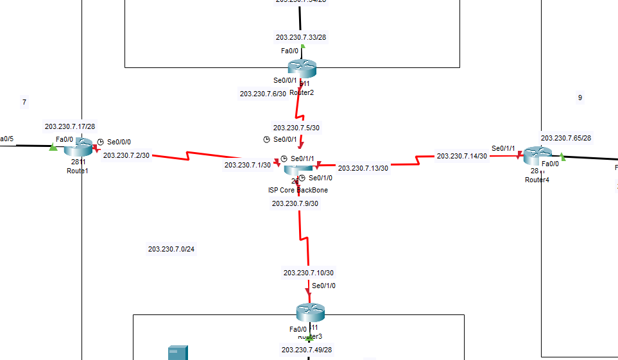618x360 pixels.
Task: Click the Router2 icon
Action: (302, 68)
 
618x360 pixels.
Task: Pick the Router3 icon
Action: (310, 313)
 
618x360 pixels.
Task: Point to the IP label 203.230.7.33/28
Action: (300, 37)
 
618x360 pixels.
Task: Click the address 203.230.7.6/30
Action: (262, 94)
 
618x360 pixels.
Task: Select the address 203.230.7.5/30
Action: (296, 128)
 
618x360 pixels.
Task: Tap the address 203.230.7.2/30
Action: (126, 155)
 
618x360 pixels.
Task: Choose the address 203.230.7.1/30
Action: (247, 165)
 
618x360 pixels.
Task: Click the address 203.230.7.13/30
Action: (363, 168)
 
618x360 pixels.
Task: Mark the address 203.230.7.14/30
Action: (462, 156)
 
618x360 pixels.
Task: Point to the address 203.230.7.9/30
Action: (295, 203)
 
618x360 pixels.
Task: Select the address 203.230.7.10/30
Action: (308, 273)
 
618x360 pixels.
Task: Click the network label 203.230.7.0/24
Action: (171, 249)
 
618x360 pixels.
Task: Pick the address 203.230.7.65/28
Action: (566, 138)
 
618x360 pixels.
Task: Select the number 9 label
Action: (580, 98)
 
